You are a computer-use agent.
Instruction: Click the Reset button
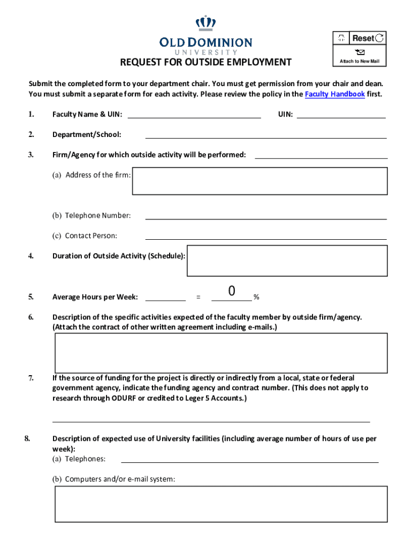point(367,38)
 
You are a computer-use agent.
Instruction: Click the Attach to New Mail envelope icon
point(360,52)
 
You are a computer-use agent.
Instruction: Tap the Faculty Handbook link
point(334,94)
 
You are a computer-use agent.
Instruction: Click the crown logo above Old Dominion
point(205,23)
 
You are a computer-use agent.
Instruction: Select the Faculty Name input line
point(194,114)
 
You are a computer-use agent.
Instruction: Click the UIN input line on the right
point(341,114)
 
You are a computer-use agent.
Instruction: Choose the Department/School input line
point(266,134)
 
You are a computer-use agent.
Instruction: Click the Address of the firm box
point(260,181)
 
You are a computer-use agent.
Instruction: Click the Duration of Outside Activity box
point(287,261)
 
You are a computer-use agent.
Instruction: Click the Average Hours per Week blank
point(165,296)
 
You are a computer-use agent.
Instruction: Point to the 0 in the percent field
point(232,292)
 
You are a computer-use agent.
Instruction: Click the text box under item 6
point(221,353)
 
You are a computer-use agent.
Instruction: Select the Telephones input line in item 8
point(250,459)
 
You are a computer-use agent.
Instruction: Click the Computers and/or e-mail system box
point(221,504)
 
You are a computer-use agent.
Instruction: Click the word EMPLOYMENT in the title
point(258,63)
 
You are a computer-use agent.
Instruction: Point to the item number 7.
point(31,378)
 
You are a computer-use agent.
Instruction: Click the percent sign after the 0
point(257,297)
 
